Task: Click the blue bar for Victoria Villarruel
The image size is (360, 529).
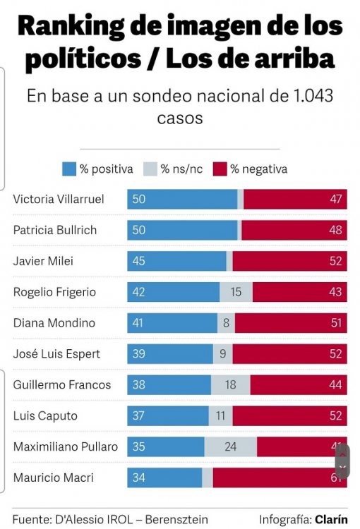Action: click(182, 199)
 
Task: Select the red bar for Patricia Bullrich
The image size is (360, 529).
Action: click(294, 230)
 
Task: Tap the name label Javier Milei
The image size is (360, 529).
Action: click(43, 261)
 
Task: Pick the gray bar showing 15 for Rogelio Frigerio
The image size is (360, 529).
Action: click(236, 292)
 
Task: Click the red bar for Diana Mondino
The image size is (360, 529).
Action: click(291, 323)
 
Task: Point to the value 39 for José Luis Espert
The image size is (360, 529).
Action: click(138, 354)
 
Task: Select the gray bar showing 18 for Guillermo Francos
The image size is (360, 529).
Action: click(230, 384)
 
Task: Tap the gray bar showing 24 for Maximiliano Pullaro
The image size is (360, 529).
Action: click(230, 446)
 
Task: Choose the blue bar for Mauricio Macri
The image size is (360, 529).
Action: click(164, 478)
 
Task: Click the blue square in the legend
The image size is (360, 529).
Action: click(69, 169)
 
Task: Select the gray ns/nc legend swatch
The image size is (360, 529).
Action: click(150, 169)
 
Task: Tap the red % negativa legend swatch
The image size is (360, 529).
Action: click(219, 169)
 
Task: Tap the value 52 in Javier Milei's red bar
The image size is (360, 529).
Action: click(335, 261)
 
